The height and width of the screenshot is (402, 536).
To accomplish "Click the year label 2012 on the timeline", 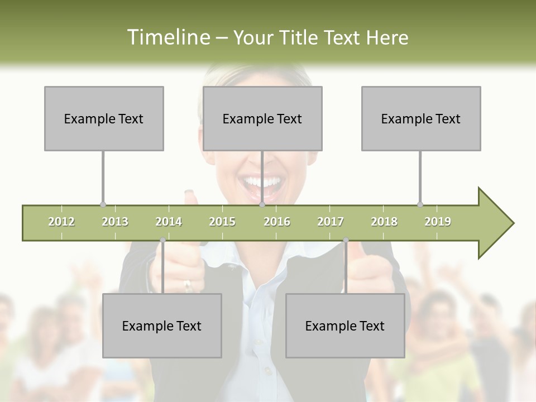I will pos(61,222).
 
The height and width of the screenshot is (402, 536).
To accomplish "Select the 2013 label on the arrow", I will pos(115,222).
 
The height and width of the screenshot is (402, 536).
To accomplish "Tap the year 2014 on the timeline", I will pos(169,222).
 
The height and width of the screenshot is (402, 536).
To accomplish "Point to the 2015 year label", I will pos(222,222).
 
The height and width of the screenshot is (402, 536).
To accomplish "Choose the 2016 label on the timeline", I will pos(277,222).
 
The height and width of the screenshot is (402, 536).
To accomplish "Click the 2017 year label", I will pos(331,222).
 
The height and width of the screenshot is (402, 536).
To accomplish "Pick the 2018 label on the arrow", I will pos(384,222).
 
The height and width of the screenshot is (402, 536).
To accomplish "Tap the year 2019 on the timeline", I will pos(438,222).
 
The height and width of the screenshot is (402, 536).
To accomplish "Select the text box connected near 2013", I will pos(104,118).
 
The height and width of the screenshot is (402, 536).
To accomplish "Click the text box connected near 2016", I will pos(262,118).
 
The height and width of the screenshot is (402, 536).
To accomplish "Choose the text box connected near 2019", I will pos(421,118).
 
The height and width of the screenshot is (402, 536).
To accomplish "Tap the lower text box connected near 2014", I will pos(162,326).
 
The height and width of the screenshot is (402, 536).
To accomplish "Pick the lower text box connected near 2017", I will pos(345,326).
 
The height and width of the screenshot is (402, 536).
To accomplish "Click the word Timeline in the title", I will pos(167,37).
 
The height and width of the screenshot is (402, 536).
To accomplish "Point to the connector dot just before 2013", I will pos(103,204).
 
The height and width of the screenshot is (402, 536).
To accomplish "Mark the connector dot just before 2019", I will pos(420,204).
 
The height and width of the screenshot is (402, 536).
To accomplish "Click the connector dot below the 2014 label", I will pos(162,240).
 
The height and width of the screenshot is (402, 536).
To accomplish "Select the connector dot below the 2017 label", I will pos(346,240).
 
